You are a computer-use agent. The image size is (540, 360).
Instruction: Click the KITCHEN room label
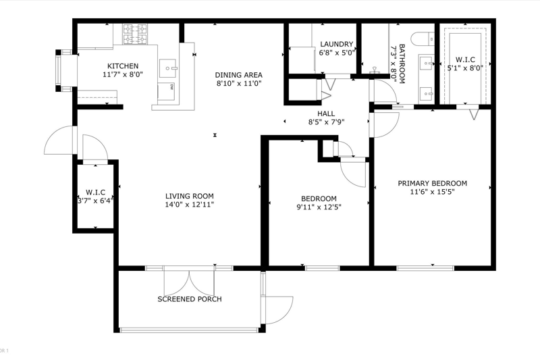tap(123, 66)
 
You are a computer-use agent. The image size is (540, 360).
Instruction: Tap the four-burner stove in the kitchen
tap(136, 34)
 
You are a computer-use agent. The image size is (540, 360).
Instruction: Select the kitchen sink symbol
tap(168, 68)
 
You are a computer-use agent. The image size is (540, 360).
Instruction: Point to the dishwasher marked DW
tap(166, 91)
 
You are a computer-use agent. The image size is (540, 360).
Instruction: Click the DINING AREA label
tap(239, 75)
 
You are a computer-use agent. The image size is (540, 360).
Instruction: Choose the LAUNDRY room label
tap(336, 44)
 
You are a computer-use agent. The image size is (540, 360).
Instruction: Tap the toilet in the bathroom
tap(423, 38)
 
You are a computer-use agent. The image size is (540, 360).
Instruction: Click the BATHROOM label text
tap(402, 63)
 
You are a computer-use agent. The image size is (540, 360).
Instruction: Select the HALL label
tap(326, 113)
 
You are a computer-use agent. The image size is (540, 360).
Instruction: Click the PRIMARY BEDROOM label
tap(433, 183)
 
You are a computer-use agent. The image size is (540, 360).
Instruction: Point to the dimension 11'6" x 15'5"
tap(433, 192)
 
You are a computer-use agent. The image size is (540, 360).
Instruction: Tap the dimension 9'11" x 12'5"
tap(319, 207)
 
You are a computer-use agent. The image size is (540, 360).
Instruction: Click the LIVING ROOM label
tap(190, 196)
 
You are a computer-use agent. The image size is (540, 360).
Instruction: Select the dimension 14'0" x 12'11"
tap(190, 205)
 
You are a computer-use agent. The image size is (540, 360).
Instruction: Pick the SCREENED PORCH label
tap(190, 299)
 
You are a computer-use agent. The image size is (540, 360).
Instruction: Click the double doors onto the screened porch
tap(189, 280)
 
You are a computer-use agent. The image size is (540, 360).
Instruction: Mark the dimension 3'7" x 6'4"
tap(95, 201)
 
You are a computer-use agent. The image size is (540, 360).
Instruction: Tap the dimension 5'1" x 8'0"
tap(465, 68)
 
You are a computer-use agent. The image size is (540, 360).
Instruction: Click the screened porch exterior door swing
tap(278, 310)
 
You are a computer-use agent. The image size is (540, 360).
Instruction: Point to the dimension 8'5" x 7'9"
tap(326, 122)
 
